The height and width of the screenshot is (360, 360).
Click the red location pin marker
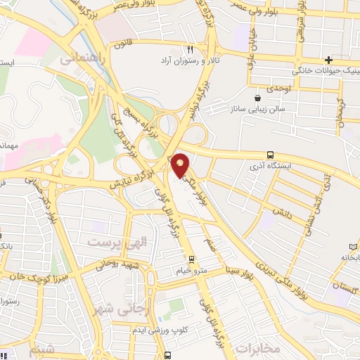tap(181, 165)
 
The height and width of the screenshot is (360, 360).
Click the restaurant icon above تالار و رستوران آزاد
tap(190, 49)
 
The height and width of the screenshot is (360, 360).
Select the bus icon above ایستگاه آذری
tap(270, 155)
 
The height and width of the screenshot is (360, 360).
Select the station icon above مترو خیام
tap(191, 259)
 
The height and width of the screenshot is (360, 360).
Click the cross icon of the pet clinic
tap(328, 59)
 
